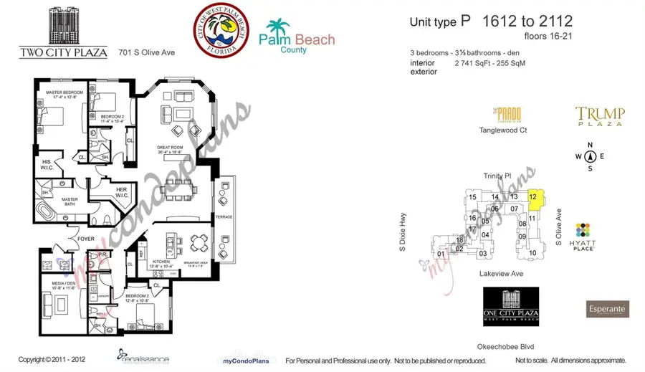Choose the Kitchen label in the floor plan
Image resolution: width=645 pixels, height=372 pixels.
[x=161, y=263]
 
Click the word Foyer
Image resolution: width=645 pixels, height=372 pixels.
[x=86, y=239]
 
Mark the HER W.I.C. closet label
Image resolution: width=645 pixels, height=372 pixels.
[x=121, y=191]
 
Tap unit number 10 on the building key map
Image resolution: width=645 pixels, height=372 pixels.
[x=532, y=253]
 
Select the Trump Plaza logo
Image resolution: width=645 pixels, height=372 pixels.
[x=600, y=115]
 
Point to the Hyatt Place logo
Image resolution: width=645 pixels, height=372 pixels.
[x=583, y=236]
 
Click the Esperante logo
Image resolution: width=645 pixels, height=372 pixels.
[x=608, y=309]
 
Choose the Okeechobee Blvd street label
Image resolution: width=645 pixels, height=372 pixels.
[x=510, y=347]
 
